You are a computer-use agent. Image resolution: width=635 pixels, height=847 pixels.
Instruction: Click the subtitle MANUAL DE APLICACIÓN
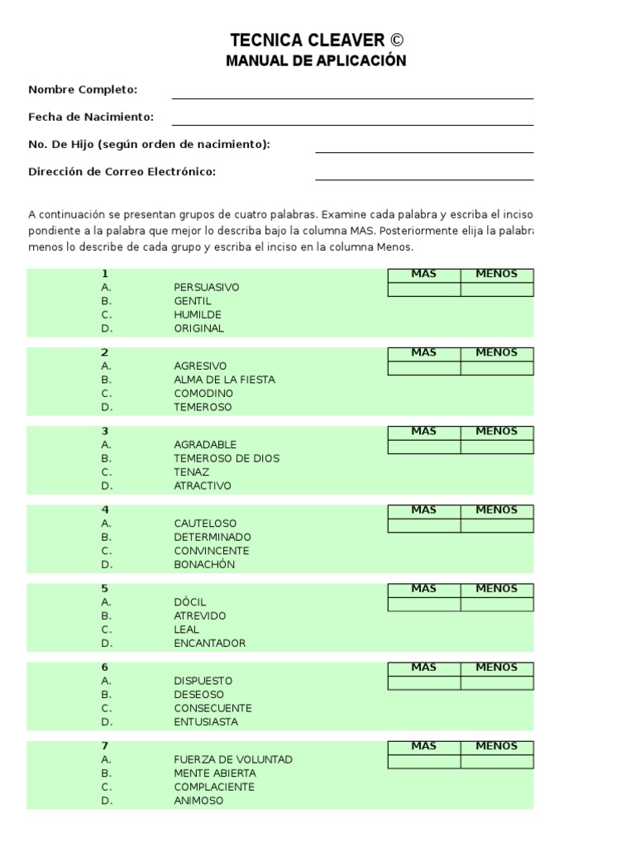317,61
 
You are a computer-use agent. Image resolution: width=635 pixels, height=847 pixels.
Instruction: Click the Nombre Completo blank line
352,93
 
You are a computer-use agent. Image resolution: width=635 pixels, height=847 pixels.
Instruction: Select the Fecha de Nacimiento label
91,117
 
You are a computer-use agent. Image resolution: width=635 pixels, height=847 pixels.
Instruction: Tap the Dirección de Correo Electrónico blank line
423,174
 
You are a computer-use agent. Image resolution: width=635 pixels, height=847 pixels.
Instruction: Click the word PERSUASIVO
207,287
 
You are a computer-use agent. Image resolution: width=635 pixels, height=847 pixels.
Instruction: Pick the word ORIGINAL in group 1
199,328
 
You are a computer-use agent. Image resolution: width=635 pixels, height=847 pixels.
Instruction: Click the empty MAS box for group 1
424,290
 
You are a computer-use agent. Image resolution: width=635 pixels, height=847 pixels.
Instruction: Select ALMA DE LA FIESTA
225,380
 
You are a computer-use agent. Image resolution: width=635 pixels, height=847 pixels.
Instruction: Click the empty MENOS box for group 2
497,368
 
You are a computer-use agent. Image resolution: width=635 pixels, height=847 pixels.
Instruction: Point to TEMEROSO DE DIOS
227,458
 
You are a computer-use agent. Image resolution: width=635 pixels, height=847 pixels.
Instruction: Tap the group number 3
105,431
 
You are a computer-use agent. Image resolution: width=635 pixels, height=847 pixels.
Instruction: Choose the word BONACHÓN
204,565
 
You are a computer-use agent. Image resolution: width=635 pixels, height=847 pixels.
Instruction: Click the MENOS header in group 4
497,510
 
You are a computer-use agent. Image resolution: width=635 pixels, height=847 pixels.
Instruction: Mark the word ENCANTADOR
210,644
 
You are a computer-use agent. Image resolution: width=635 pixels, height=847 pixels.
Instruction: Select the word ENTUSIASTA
206,722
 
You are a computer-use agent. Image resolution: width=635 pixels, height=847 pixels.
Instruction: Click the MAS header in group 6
424,668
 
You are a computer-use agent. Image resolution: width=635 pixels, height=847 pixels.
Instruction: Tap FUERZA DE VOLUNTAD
233,759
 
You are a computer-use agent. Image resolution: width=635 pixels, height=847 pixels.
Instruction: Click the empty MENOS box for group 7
497,762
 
